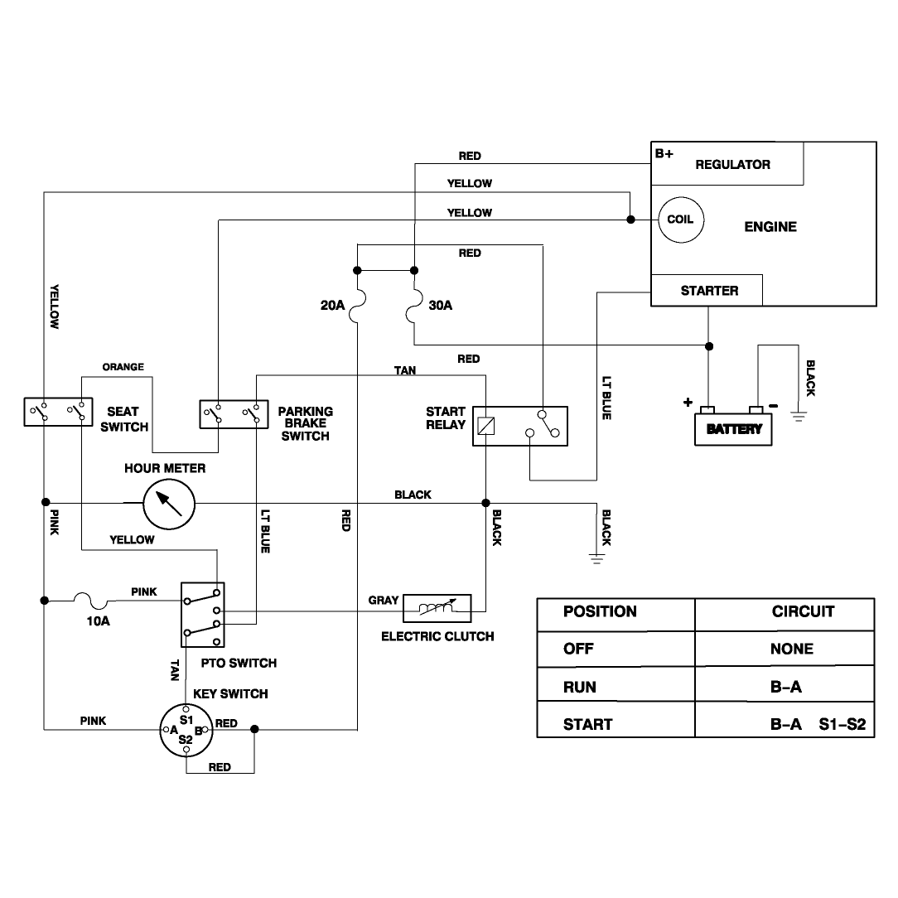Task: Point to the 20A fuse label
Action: click(333, 305)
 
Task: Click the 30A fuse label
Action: click(441, 305)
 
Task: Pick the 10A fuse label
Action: click(98, 620)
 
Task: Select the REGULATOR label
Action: click(732, 165)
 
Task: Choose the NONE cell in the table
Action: click(791, 649)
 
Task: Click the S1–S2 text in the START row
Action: click(842, 725)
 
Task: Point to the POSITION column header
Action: click(600, 611)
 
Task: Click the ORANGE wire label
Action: click(123, 366)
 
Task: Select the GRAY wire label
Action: click(383, 601)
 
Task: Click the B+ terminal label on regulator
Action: click(664, 153)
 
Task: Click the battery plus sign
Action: click(688, 402)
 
